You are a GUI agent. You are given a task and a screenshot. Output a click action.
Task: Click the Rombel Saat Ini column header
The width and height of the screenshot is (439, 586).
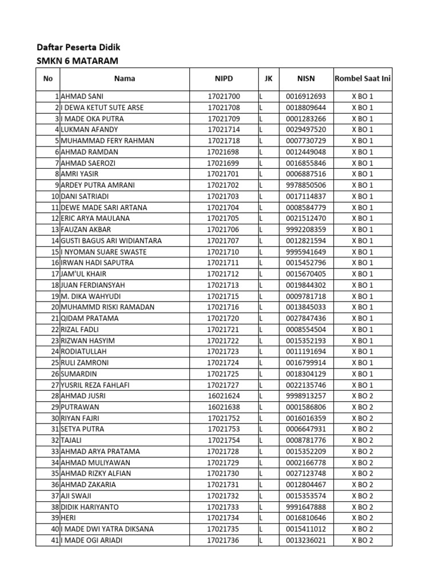pyautogui.click(x=362, y=79)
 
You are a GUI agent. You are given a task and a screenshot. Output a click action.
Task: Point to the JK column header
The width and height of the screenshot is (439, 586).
pyautogui.click(x=269, y=79)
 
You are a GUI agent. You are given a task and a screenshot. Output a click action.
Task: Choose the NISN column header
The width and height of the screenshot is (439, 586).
pyautogui.click(x=306, y=79)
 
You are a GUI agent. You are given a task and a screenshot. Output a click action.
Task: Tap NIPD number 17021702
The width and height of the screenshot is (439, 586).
pyautogui.click(x=224, y=185)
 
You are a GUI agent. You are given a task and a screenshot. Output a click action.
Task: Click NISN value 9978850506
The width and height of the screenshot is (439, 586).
pyautogui.click(x=306, y=185)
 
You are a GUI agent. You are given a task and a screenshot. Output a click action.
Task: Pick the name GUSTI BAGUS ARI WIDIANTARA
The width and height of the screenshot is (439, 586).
pyautogui.click(x=111, y=241)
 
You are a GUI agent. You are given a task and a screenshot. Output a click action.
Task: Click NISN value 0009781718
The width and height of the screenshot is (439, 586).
pyautogui.click(x=306, y=296)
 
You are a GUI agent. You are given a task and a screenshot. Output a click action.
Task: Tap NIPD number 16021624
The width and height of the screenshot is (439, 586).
pyautogui.click(x=225, y=396)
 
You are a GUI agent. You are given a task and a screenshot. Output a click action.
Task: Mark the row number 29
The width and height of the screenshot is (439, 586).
pyautogui.click(x=55, y=407)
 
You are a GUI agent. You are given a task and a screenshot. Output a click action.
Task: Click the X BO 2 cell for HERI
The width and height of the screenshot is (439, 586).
pyautogui.click(x=362, y=518)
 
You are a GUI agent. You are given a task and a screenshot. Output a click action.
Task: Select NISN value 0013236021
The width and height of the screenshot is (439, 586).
pyautogui.click(x=306, y=540)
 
